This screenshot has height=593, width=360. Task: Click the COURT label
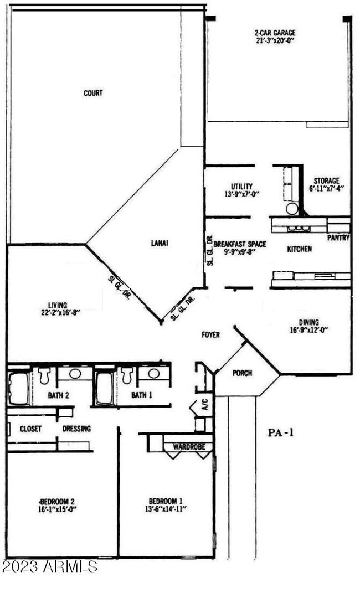(x=93, y=94)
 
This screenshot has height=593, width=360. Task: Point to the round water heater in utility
(x=291, y=209)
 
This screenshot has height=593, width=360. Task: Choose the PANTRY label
(x=338, y=238)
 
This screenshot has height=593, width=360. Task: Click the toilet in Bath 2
(x=45, y=375)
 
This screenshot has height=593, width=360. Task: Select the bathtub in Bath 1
(x=105, y=387)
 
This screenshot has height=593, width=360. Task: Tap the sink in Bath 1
(x=154, y=374)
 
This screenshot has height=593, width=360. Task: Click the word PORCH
(x=241, y=373)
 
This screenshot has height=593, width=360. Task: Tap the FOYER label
(x=210, y=335)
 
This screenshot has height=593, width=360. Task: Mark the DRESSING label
(x=76, y=429)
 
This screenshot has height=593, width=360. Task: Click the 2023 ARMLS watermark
(x=49, y=566)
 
